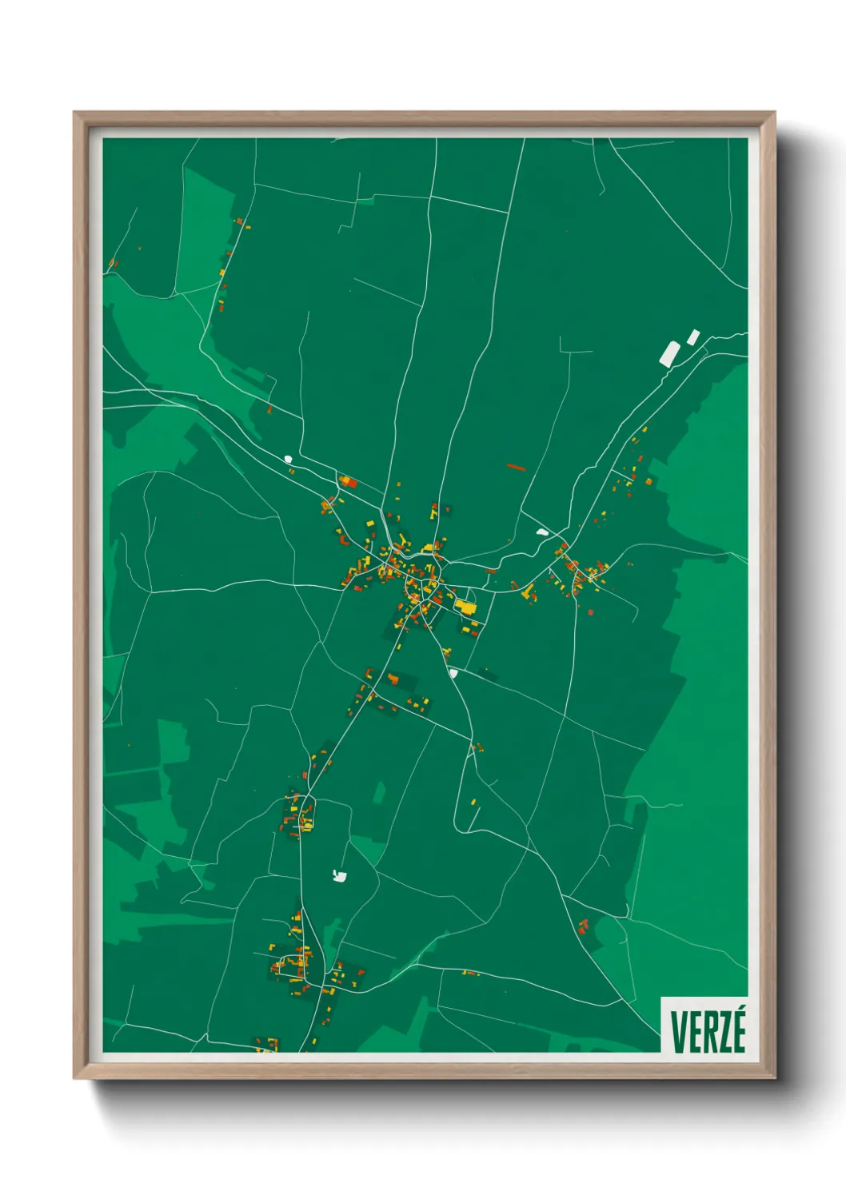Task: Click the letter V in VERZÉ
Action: click(678, 1032)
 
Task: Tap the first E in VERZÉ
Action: click(693, 1032)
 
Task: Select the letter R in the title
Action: click(708, 1032)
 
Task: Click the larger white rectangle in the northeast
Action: click(668, 353)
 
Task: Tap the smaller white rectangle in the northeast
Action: click(693, 337)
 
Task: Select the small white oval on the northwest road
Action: click(288, 459)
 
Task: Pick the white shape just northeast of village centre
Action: click(542, 532)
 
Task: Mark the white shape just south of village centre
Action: click(453, 673)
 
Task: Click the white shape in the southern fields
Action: click(340, 876)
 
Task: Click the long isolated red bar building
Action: click(516, 467)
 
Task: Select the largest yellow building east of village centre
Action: click(465, 607)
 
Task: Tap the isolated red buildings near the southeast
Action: click(583, 926)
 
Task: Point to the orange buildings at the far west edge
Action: click(113, 263)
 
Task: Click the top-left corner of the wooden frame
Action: click(74, 113)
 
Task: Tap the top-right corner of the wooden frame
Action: click(775, 113)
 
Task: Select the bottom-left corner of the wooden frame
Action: click(74, 1078)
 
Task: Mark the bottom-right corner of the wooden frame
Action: click(775, 1078)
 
